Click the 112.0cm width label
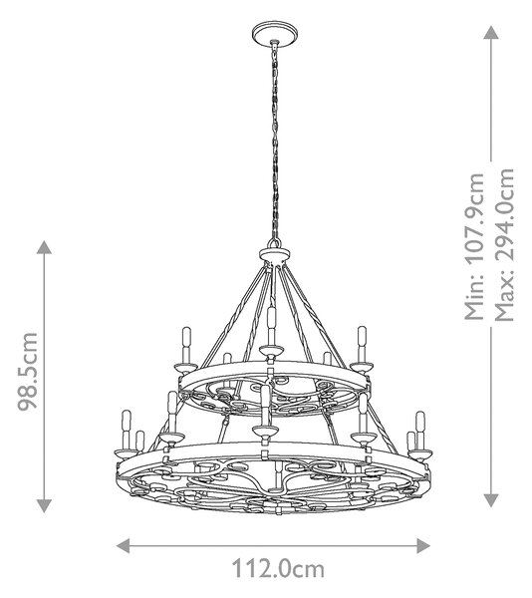coord(278,569)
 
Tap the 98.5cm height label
coord(28,372)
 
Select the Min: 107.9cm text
coord(474,246)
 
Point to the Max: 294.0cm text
coord(504,245)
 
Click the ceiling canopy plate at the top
coord(275,33)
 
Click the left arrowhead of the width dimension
coord(123,546)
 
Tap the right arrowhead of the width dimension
coord(423,546)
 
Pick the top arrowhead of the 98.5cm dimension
coord(44,247)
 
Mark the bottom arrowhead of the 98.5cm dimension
coord(44,505)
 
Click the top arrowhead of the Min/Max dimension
coord(491,33)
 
